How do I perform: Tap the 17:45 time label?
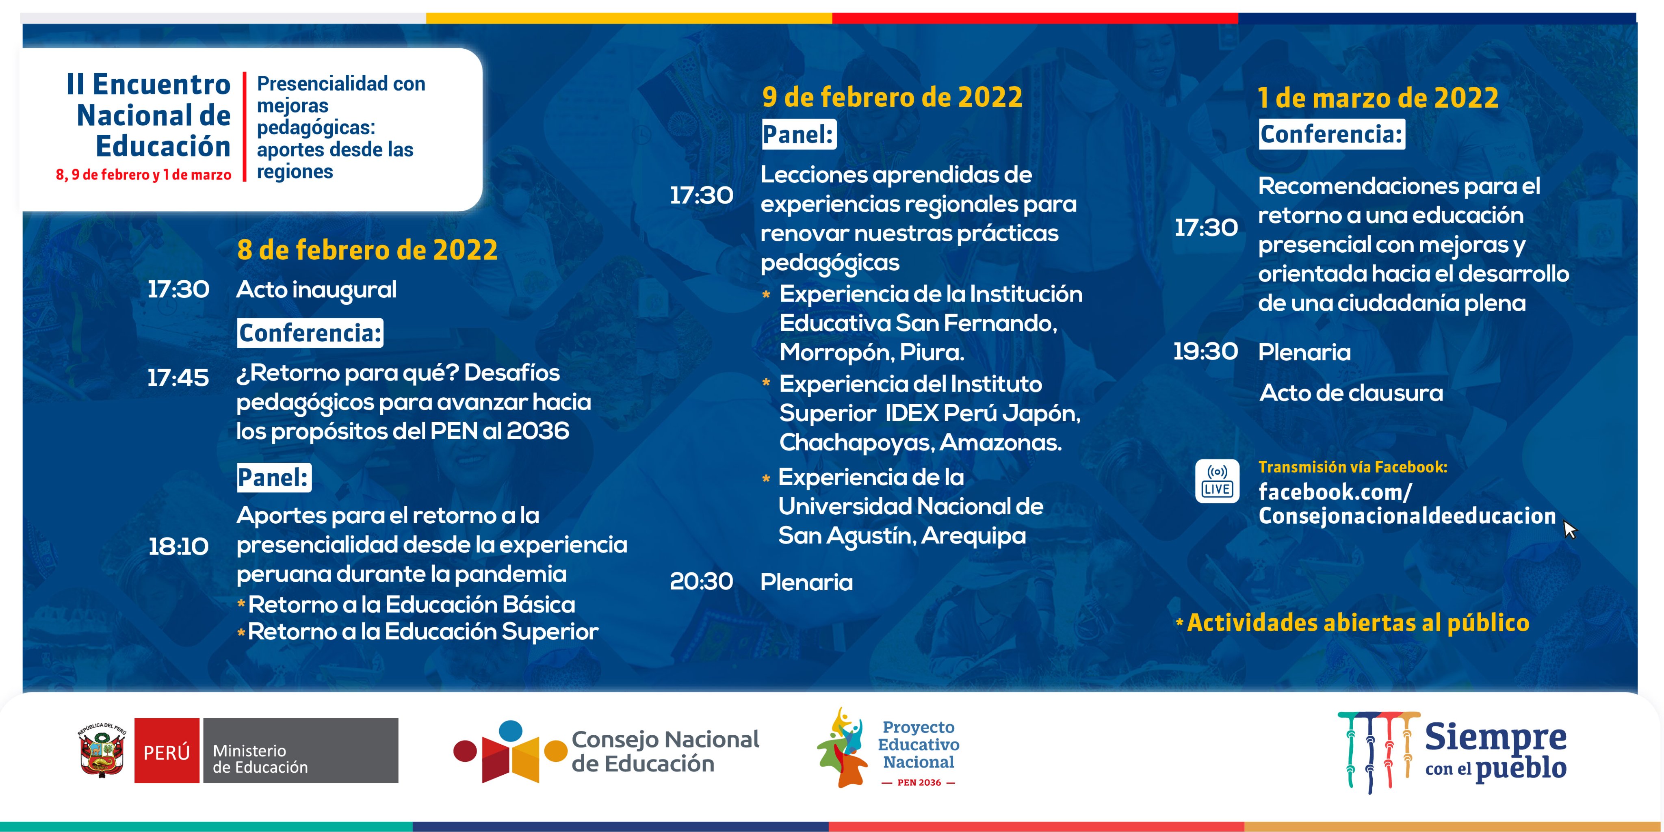pyautogui.click(x=178, y=378)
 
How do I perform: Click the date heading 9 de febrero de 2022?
pyautogui.click(x=892, y=97)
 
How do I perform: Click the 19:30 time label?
pyautogui.click(x=1205, y=351)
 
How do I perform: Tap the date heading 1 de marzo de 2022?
pyautogui.click(x=1378, y=97)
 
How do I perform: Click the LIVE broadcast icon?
pyautogui.click(x=1217, y=481)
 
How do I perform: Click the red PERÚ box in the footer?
pyautogui.click(x=167, y=751)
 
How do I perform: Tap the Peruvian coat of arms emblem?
pyautogui.click(x=102, y=751)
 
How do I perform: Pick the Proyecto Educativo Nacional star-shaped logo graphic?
pyautogui.click(x=842, y=748)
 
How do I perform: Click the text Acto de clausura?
pyautogui.click(x=1351, y=393)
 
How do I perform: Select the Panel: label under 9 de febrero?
pyautogui.click(x=798, y=134)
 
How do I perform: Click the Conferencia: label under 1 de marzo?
pyautogui.click(x=1331, y=134)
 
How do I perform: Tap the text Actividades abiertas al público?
pyautogui.click(x=1358, y=623)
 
